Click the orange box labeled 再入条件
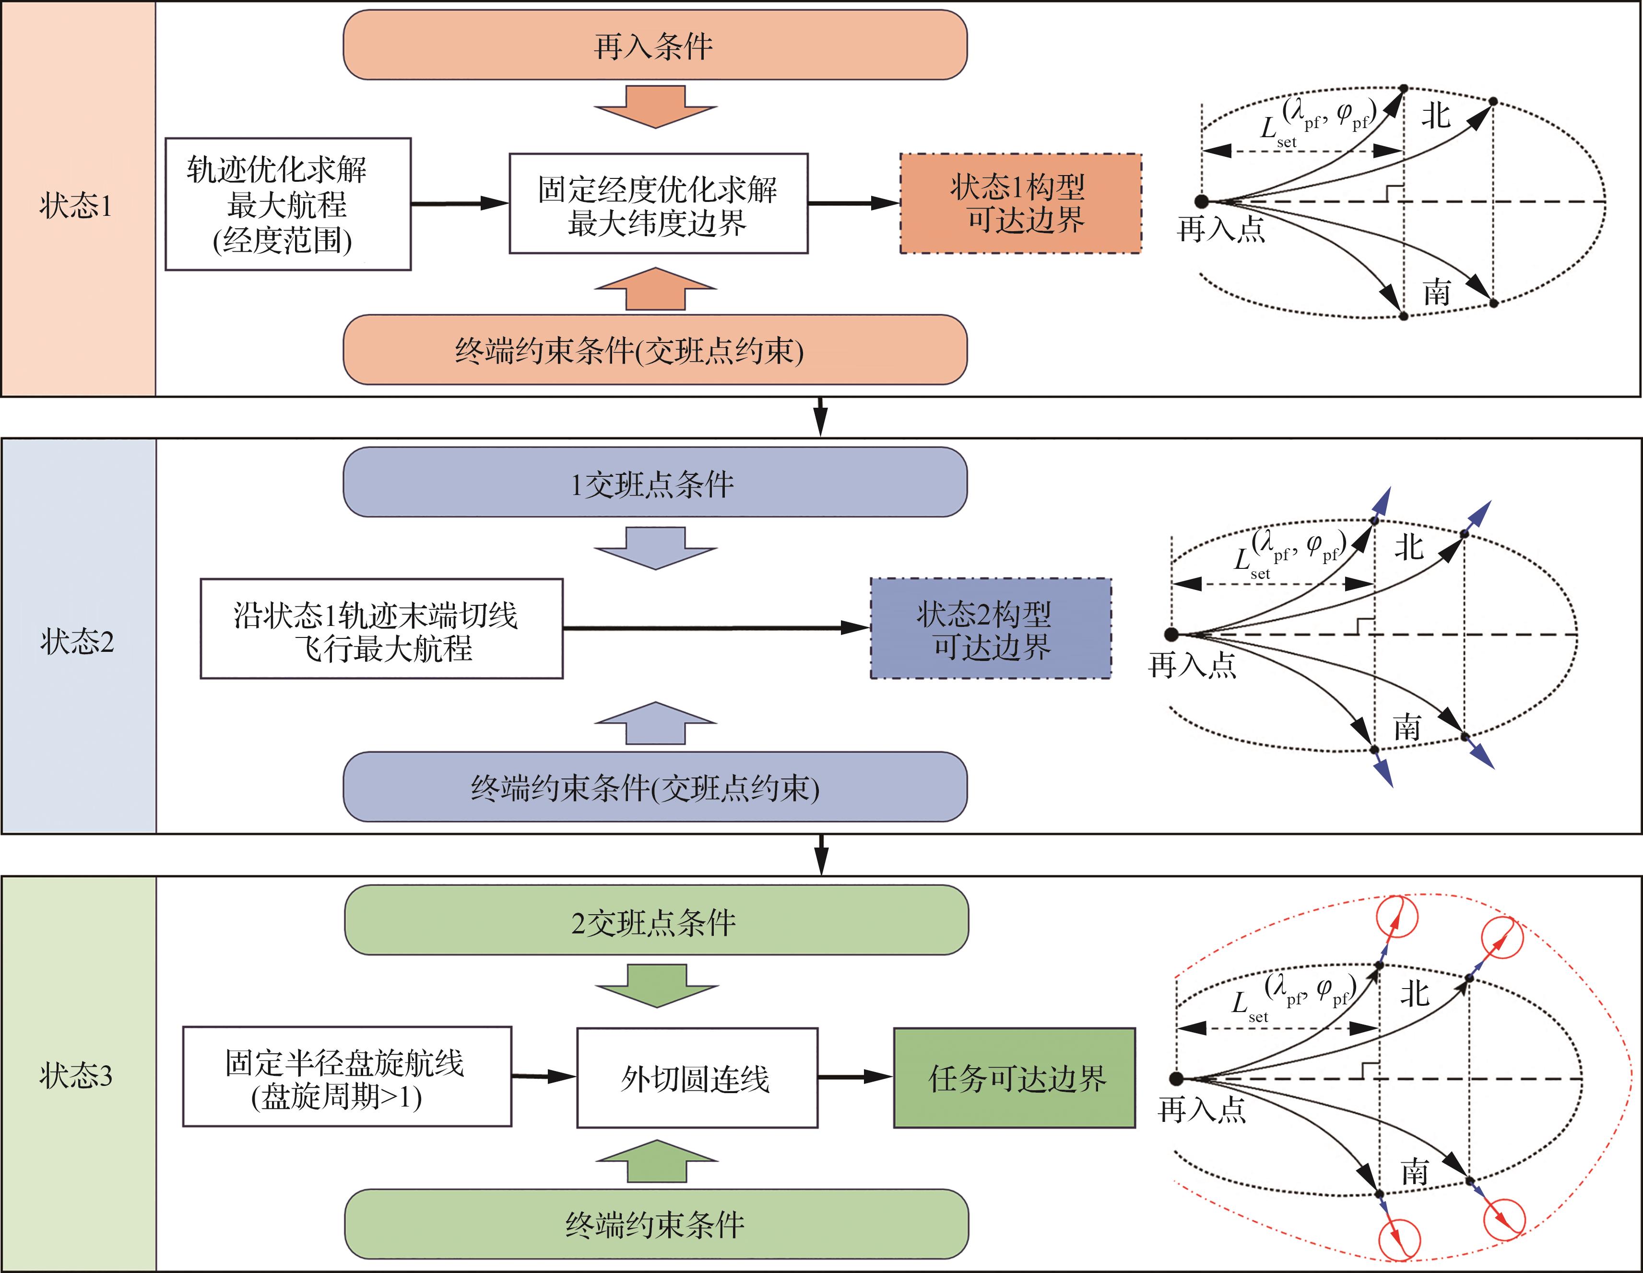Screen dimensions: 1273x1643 click(654, 45)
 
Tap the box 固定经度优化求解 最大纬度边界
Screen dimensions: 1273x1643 click(658, 204)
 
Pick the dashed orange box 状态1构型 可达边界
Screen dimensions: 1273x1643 click(1021, 204)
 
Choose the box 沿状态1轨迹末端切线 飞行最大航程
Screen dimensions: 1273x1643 click(381, 629)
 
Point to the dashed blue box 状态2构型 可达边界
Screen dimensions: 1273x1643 click(991, 629)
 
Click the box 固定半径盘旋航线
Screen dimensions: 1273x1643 click(347, 1077)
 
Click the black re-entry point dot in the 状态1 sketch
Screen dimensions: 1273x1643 click(1201, 201)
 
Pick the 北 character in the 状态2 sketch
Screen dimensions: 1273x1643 click(1408, 547)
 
